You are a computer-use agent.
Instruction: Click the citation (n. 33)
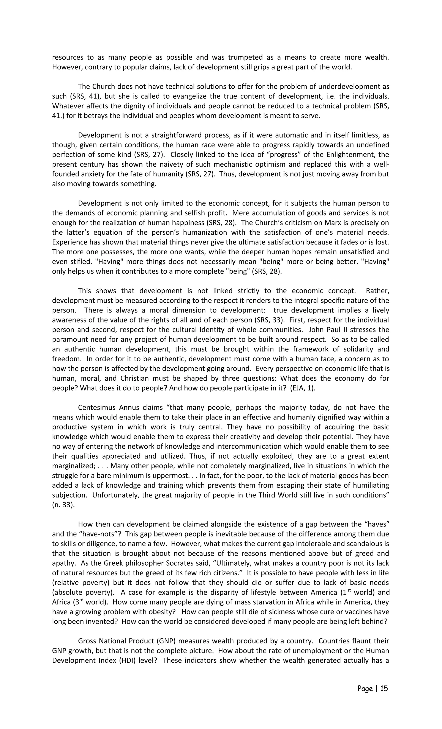[63, 505]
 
